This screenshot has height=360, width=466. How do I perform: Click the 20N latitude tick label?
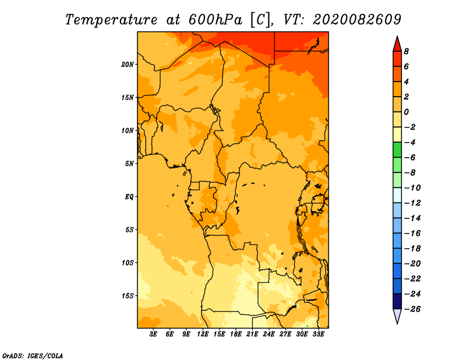click(x=128, y=65)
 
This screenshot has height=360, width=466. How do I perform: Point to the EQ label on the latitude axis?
click(x=129, y=197)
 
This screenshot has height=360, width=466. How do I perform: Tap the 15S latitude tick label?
click(x=128, y=296)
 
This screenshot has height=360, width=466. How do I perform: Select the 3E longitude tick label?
click(x=153, y=334)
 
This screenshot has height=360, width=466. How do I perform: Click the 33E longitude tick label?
click(x=318, y=334)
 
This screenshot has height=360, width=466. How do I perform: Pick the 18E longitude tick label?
click(x=236, y=334)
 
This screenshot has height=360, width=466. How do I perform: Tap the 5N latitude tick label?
click(x=129, y=164)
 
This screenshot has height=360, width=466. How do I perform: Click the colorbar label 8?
click(x=406, y=51)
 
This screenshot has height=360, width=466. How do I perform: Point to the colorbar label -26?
click(x=412, y=309)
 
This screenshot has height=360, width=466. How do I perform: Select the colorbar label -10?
click(x=412, y=188)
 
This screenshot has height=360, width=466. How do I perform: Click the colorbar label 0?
click(x=406, y=112)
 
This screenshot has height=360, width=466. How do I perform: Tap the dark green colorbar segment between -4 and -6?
click(x=397, y=150)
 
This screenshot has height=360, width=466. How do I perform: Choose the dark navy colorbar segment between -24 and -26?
click(x=397, y=301)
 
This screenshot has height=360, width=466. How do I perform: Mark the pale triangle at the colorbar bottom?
click(x=397, y=315)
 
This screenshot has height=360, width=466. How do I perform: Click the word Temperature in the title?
click(x=111, y=20)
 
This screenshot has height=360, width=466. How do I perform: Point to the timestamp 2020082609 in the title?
click(x=357, y=20)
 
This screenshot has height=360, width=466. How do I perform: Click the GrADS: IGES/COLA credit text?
click(x=33, y=356)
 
